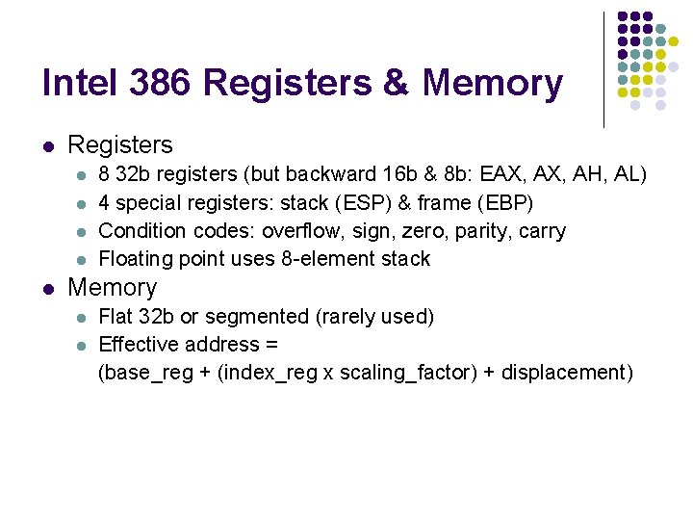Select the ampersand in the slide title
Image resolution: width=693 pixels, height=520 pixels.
(395, 84)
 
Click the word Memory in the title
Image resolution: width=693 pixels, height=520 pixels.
(492, 84)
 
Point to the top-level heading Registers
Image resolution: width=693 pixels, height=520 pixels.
(120, 145)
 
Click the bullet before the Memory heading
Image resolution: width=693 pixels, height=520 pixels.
(47, 288)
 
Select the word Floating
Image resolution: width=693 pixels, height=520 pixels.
(134, 259)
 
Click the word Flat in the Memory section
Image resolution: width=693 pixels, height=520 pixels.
(116, 317)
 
